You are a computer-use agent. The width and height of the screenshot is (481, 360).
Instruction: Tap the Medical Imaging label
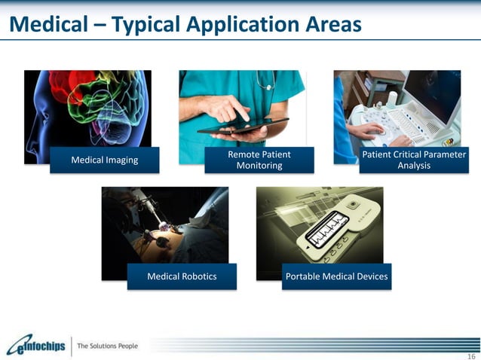105,160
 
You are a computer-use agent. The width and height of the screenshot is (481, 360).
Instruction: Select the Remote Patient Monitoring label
259,160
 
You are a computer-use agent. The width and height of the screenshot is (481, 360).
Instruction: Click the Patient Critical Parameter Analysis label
414,160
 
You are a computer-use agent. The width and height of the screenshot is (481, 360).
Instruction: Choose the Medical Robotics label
182,276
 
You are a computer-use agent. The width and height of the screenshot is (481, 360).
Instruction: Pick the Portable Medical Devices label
336,276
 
